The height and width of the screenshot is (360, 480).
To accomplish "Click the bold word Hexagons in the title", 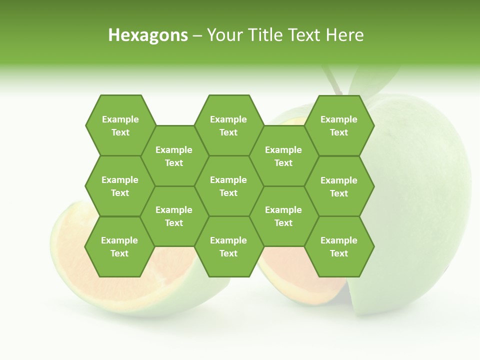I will [148, 35].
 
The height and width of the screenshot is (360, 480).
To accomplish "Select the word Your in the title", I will [222, 35].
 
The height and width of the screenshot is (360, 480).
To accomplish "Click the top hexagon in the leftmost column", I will [120, 125].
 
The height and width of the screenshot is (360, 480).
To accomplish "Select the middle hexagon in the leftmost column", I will [120, 186].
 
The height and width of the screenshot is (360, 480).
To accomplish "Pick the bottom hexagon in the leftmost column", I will [119, 246].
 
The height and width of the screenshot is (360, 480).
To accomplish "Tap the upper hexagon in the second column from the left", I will [174, 156].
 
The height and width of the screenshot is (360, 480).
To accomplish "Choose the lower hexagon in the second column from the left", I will [174, 216].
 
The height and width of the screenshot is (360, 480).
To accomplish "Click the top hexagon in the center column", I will [228, 125].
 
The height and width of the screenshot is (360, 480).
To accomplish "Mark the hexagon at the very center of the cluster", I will [228, 186].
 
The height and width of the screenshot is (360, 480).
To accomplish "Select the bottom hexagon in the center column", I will [228, 246].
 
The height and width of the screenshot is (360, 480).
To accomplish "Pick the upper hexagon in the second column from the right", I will [283, 156].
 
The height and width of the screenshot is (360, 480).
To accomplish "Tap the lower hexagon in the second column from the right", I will [283, 216].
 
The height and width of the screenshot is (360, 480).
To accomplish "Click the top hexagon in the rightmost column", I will [339, 125].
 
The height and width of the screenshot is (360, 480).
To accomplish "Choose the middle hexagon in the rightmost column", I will [339, 186].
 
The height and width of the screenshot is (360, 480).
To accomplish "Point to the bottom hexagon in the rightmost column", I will [339, 246].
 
